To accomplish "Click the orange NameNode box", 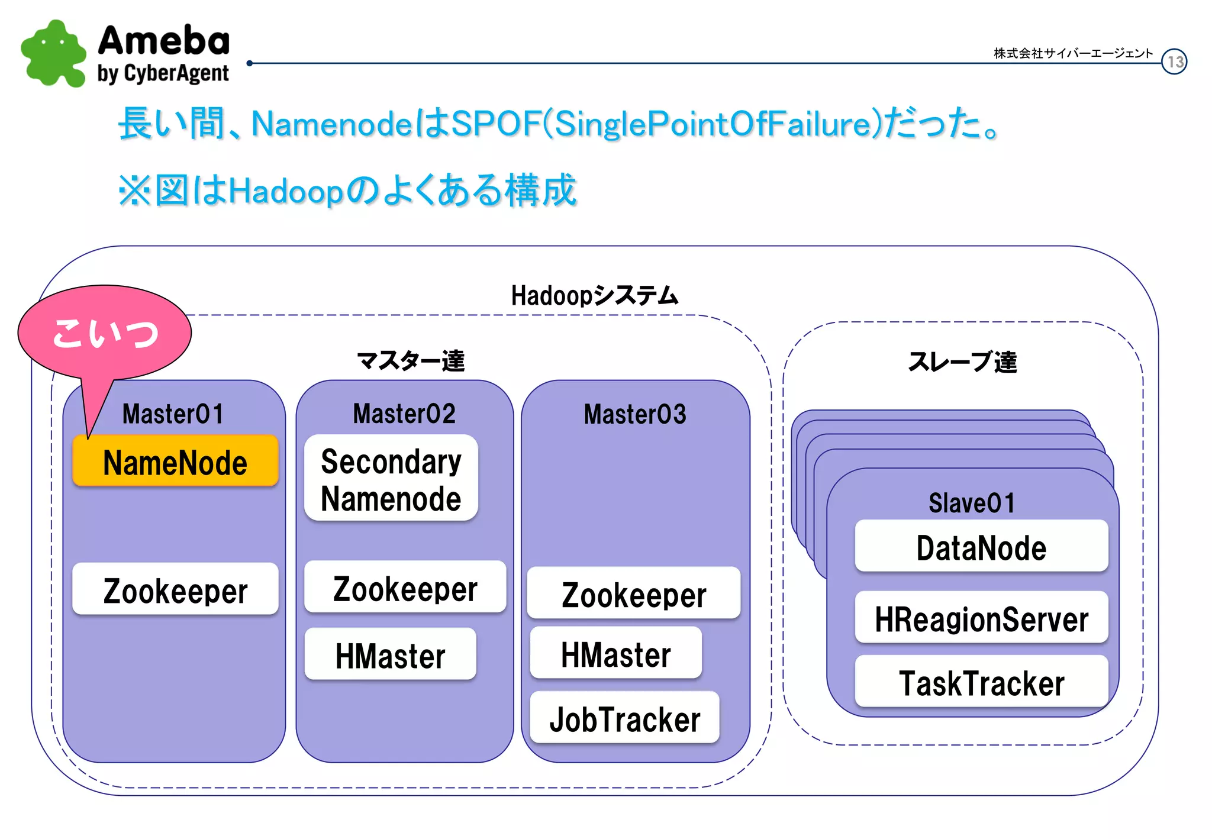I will (x=175, y=462).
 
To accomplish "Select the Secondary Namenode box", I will (x=391, y=479).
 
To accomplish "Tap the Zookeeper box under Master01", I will (x=175, y=590).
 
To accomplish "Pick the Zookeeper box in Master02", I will (x=405, y=588).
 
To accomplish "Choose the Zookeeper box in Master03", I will (x=633, y=593).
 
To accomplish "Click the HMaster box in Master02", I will (x=390, y=654).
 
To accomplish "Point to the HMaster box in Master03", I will (x=615, y=653).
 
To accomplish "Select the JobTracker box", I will (x=624, y=718).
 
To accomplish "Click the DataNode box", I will (x=981, y=547).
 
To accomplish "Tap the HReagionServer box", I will (x=981, y=618).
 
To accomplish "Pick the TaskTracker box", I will (x=981, y=682).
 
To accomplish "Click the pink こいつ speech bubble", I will (x=105, y=333).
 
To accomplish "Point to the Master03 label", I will (x=635, y=414).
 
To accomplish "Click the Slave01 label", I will (x=972, y=503).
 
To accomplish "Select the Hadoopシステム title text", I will (x=594, y=295).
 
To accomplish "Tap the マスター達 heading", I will (x=410, y=360).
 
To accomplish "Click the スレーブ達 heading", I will (x=962, y=362).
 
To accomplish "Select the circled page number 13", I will (x=1174, y=62).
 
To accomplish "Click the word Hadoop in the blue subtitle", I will (x=285, y=191).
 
